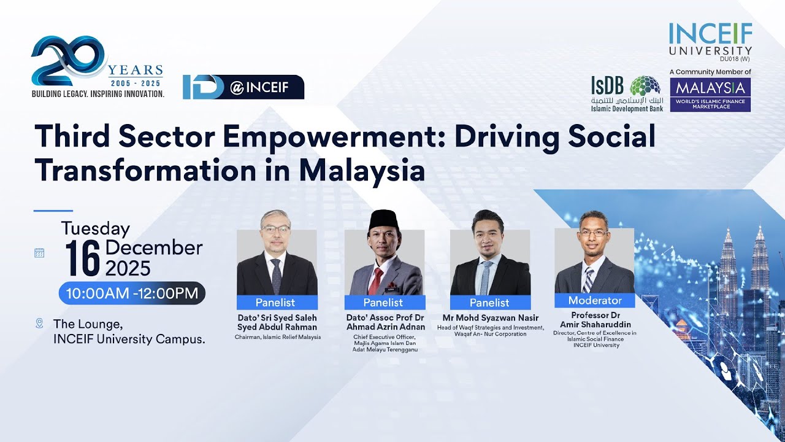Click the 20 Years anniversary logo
97,68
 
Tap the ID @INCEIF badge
243,87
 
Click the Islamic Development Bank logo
626,93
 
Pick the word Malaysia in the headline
362,171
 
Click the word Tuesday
96,228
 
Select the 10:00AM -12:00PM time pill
132,293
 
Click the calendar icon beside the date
39,252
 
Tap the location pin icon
40,323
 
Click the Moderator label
594,300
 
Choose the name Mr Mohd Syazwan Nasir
490,318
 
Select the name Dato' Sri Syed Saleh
277,317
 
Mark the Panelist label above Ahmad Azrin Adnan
383,303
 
